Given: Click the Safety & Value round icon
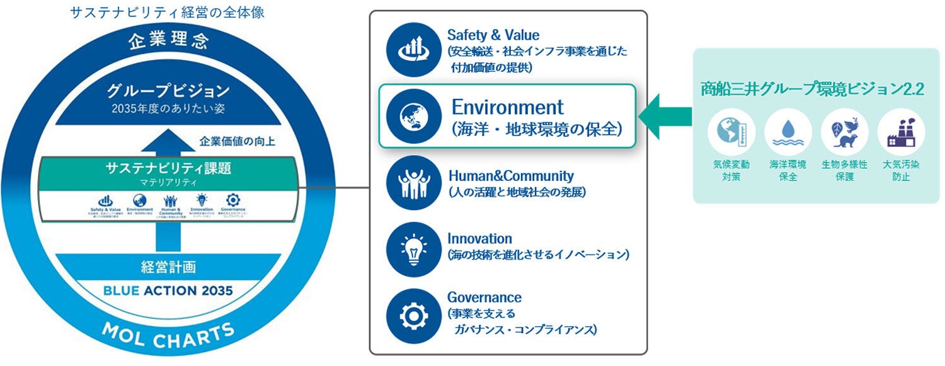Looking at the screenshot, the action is pos(412,50).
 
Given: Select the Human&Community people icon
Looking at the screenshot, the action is pos(412,183).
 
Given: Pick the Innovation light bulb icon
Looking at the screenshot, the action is pos(412,248).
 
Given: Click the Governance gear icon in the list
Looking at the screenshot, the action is pos(412,314).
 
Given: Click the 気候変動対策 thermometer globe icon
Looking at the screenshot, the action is pos(731,132).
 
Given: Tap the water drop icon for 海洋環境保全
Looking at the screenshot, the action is pos(787,132).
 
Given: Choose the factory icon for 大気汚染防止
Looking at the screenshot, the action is pos(901,132).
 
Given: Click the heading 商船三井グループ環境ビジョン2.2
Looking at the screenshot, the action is pos(812,89).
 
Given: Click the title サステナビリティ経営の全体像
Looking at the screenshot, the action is pos(167,12).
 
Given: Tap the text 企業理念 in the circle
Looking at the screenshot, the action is pos(168,42).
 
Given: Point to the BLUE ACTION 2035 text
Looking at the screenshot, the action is pos(168,291).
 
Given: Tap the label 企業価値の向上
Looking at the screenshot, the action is pos(228,141).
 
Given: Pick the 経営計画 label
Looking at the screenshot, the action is pos(168,267).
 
